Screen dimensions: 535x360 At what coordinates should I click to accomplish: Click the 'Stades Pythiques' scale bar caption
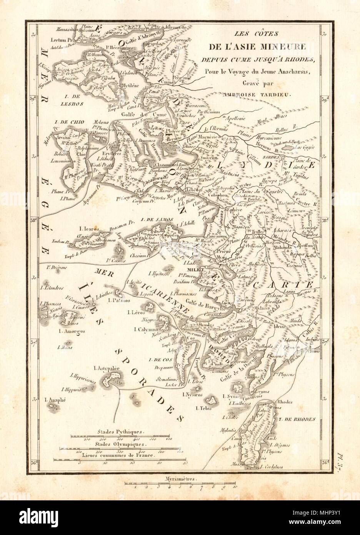(120, 432)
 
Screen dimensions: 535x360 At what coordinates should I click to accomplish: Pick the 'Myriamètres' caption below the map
(179, 479)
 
